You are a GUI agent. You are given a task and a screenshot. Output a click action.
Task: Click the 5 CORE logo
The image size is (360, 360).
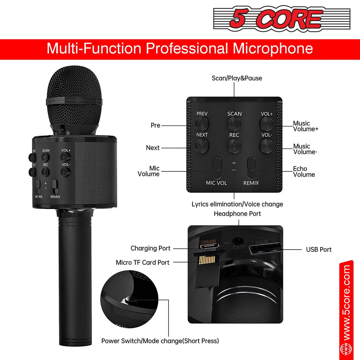click(281, 19)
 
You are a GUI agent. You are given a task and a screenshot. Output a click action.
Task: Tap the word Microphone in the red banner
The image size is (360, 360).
click(273, 49)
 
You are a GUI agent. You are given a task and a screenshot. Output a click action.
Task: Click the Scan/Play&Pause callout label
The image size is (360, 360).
click(237, 78)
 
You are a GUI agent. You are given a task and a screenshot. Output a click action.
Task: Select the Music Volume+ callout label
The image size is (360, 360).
click(305, 126)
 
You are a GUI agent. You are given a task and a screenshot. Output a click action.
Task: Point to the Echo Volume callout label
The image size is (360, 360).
click(304, 171)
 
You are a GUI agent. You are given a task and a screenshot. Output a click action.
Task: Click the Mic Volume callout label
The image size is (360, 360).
click(149, 171)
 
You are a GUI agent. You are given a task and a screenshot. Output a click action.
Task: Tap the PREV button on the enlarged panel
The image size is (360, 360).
click(202, 124)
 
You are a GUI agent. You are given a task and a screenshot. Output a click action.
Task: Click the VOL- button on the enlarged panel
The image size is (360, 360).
click(266, 145)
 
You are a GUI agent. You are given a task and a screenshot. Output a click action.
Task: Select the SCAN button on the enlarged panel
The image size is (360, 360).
click(234, 124)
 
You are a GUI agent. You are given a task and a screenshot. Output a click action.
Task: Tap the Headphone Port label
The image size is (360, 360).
click(237, 214)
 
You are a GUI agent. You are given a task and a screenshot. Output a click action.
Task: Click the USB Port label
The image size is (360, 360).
click(319, 250)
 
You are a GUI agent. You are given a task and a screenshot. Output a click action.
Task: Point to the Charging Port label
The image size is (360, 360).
click(150, 248)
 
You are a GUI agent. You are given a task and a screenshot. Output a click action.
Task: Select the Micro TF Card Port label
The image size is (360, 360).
click(143, 262)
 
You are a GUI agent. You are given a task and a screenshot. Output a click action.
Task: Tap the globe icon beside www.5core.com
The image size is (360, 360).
click(346, 348)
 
